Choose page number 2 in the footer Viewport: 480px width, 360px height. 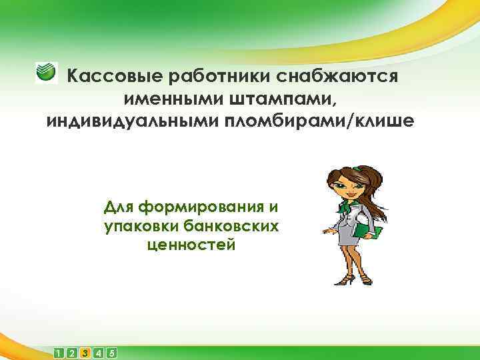tap(73, 353)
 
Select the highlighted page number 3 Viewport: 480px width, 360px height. tap(85, 353)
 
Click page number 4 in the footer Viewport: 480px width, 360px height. tap(98, 353)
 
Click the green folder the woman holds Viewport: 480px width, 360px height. tap(369, 229)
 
